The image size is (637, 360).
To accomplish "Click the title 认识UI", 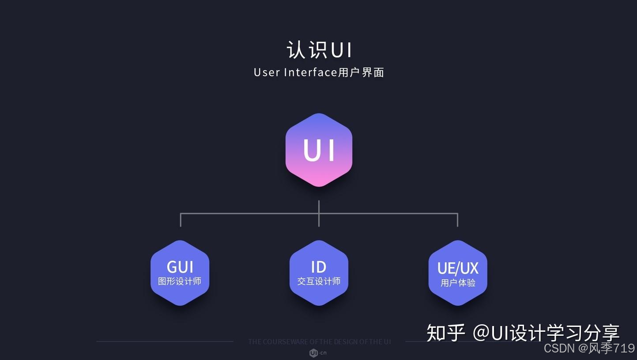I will tap(319, 50).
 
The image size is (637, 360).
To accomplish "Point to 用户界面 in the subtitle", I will tap(361, 72).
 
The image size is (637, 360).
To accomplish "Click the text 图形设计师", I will tap(180, 281).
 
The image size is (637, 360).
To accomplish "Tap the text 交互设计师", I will tap(319, 281).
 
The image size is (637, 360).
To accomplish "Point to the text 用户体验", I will tap(458, 282).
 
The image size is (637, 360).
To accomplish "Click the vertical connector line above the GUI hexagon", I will tap(181, 220).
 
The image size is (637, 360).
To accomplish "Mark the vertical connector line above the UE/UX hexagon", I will tap(457, 220).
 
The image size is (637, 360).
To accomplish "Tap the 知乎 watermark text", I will tap(445, 333).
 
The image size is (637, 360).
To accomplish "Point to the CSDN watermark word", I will tap(559, 348).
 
